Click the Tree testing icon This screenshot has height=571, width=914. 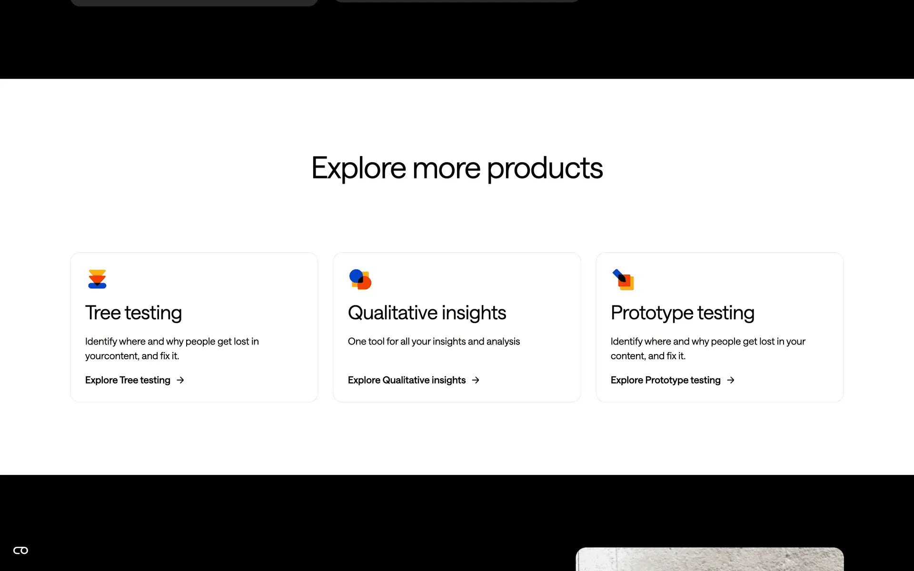(x=97, y=279)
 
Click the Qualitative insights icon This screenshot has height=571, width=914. (x=360, y=279)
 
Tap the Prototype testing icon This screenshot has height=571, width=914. (x=623, y=279)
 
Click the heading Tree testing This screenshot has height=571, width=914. (x=133, y=313)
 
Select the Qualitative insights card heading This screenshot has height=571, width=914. (x=427, y=313)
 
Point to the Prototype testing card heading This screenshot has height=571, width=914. (x=683, y=313)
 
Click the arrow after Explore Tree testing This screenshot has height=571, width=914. (x=180, y=380)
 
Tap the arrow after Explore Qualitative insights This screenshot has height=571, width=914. (x=476, y=380)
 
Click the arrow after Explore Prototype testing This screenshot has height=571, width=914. (x=731, y=380)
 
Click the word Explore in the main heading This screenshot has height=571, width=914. (x=359, y=168)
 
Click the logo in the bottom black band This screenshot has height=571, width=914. (x=20, y=551)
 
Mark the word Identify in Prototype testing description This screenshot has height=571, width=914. (x=626, y=342)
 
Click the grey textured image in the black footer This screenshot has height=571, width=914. (x=709, y=559)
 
